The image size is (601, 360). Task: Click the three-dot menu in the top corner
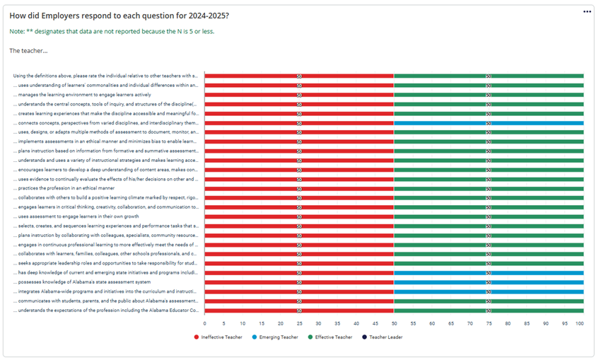tap(586, 12)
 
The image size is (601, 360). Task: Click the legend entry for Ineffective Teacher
tap(221, 337)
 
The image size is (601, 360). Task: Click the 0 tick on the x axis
tap(204, 323)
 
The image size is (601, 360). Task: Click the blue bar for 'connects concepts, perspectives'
tap(489, 122)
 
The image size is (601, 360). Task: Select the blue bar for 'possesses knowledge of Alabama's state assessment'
tap(489, 281)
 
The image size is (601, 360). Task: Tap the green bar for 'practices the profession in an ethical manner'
tap(489, 188)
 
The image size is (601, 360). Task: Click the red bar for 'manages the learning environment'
tap(299, 94)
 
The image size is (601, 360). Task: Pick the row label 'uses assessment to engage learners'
tap(70, 216)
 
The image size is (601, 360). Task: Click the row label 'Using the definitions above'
tap(106, 76)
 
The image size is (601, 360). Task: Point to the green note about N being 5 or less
tap(112, 32)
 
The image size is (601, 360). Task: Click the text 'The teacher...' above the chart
tap(29, 50)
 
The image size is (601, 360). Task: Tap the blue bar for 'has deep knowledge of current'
tap(489, 272)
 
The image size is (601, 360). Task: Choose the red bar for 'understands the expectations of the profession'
tap(299, 310)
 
